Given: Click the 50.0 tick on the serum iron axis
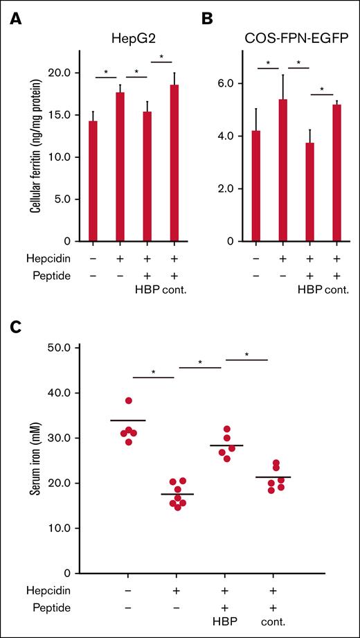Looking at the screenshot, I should (x=87, y=348).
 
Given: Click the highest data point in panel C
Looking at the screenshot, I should (x=129, y=400).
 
